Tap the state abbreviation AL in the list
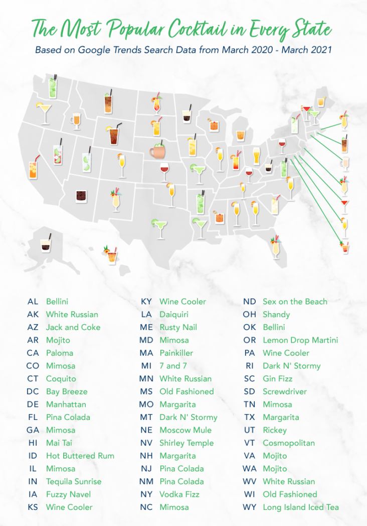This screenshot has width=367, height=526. pos(33,301)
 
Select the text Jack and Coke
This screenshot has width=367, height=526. pos(73,327)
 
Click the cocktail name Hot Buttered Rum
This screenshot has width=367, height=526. pos(80,456)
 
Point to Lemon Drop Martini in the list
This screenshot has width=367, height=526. pos(300,340)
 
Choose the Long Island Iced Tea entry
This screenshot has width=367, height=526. pos(301,507)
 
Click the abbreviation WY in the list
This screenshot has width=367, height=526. pos(250,507)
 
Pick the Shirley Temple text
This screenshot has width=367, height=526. pos(187,443)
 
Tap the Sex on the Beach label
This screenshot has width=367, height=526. pos(295,301)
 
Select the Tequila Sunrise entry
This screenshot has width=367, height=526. pos(74,481)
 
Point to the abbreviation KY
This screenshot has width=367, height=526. pos(146,301)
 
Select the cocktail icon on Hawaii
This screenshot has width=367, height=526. pos(110,255)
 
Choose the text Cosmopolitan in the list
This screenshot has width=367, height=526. pos(289,443)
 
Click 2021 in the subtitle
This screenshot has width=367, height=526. pos(322,50)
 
